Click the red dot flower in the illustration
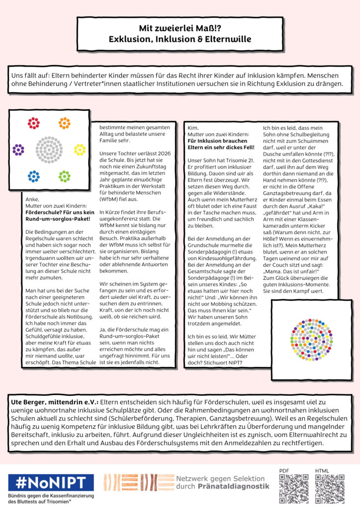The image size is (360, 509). point(33,123)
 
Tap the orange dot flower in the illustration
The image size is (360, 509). point(64,123)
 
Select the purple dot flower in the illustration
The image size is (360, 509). point(18,150)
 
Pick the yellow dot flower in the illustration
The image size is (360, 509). point(80,149)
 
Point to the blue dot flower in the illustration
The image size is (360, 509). point(33,176)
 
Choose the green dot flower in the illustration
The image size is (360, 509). point(64,176)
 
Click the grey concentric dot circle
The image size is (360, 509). point(49,149)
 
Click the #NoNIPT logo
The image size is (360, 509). point(50,482)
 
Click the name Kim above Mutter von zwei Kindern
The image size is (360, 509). point(192,128)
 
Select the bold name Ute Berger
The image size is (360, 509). point(31,401)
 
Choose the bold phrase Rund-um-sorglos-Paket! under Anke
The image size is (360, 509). point(57,219)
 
